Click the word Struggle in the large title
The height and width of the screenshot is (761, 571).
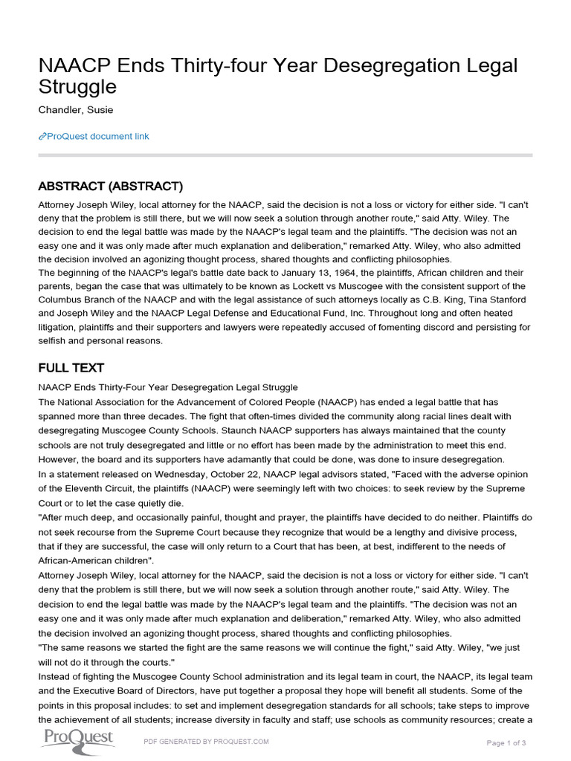point(77,87)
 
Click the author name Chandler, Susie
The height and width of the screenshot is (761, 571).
point(77,111)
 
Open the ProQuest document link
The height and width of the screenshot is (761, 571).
point(97,136)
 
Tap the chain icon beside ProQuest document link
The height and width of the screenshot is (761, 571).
point(42,136)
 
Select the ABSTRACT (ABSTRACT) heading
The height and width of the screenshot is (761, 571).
point(110,186)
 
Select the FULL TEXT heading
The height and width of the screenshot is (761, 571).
point(71,368)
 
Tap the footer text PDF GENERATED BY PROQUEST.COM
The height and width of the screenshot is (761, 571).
point(206,742)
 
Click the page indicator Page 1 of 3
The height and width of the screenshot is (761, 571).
point(506,742)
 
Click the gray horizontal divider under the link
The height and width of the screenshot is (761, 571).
point(285,155)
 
